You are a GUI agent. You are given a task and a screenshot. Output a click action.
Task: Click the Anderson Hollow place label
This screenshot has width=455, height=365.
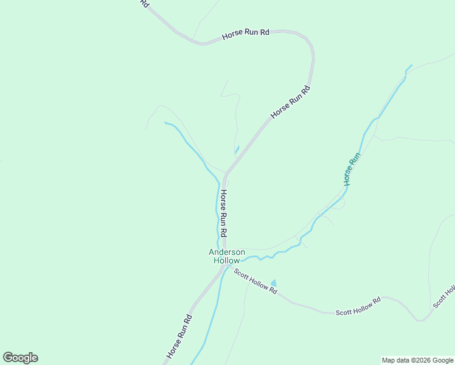tap(227, 256)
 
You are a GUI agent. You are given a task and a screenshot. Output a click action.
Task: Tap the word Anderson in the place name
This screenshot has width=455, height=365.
tap(227, 252)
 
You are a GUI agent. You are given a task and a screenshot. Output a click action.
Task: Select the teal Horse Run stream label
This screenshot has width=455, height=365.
tap(352, 169)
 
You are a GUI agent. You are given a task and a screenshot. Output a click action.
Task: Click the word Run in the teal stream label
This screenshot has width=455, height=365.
tap(355, 159)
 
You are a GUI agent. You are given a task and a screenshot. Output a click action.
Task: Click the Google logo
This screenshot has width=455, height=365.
tap(20, 358)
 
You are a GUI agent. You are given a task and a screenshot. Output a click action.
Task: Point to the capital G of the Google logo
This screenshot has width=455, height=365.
tap(8, 358)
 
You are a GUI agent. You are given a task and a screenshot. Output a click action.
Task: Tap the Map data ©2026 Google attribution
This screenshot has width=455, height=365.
tap(417, 360)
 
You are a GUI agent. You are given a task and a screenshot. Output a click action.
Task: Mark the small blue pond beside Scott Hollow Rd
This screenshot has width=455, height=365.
tap(273, 283)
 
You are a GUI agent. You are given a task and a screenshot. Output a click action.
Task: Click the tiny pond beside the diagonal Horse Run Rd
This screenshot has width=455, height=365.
tap(237, 149)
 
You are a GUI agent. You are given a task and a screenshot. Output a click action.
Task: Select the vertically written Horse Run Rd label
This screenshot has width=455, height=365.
tap(224, 213)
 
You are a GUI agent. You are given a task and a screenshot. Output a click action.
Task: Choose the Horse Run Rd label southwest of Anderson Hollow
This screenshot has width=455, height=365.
tap(180, 335)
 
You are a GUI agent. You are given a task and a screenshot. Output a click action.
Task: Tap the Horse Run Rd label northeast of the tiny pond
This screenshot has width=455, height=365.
tap(290, 102)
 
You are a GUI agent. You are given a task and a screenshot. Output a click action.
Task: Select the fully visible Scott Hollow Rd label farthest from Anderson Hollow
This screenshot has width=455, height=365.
tap(358, 307)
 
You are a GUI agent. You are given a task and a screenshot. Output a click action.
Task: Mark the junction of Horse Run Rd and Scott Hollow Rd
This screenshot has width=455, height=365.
tap(227, 266)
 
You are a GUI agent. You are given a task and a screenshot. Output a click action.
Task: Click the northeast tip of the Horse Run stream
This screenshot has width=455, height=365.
tap(412, 64)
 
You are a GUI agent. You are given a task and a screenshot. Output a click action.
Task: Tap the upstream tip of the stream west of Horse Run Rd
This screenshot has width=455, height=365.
tap(165, 123)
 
